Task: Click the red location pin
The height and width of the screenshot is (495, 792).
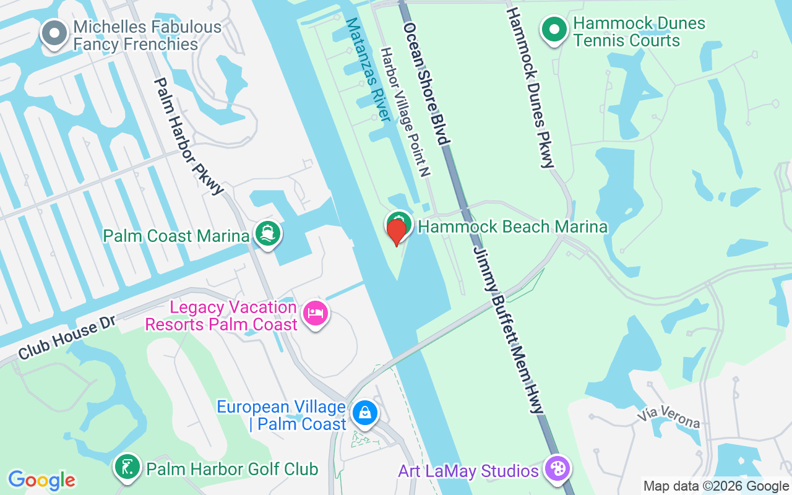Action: [397, 231]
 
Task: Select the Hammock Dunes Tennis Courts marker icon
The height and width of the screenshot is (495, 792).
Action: [554, 30]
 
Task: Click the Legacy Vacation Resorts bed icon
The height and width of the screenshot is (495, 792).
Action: [316, 314]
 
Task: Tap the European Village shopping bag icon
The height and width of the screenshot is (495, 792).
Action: [364, 413]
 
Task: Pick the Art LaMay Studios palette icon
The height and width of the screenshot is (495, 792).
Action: [557, 470]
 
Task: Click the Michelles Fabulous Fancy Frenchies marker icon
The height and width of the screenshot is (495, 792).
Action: [54, 33]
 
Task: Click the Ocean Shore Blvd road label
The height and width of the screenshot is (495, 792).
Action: [425, 84]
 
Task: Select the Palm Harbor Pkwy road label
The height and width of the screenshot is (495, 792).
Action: [187, 136]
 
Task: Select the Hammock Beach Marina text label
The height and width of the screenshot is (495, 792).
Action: [512, 226]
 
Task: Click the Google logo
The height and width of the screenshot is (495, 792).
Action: [41, 480]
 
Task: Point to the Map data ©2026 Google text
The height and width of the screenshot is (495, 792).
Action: [716, 486]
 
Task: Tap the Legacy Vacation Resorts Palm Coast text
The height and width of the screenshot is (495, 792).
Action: [221, 316]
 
